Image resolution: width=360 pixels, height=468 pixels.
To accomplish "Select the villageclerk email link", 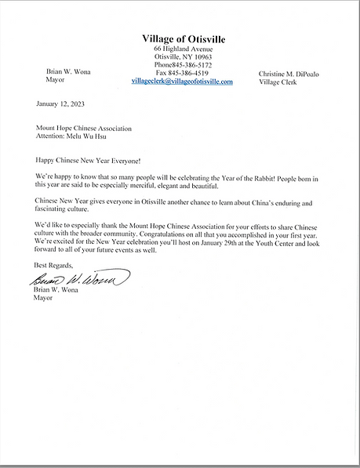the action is pos(182,81).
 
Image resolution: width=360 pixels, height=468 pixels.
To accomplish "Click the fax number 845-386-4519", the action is pos(187,73).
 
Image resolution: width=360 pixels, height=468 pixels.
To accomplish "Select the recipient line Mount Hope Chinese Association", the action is pos(84,128).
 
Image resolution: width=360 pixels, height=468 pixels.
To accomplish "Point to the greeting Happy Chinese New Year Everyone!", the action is pos(87,159).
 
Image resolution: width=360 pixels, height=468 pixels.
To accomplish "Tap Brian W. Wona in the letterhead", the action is pos(68,72).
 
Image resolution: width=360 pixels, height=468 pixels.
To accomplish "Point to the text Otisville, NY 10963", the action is pos(182,57).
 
